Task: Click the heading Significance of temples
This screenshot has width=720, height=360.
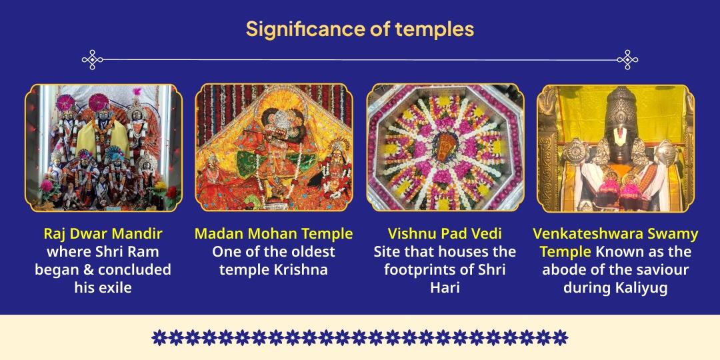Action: pyautogui.click(x=359, y=29)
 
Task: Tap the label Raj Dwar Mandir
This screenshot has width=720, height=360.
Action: pyautogui.click(x=103, y=234)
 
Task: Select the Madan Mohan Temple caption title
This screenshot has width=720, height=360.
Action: pyautogui.click(x=273, y=234)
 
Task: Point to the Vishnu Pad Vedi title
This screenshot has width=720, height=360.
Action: pyautogui.click(x=445, y=234)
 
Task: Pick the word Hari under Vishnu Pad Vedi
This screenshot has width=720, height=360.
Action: pyautogui.click(x=445, y=288)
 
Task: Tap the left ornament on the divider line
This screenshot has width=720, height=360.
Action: pyautogui.click(x=92, y=60)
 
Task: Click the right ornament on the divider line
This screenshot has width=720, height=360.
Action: pyautogui.click(x=627, y=60)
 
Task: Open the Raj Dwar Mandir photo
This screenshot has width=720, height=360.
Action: pyautogui.click(x=103, y=147)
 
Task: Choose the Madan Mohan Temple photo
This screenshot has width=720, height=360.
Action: pyautogui.click(x=273, y=147)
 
